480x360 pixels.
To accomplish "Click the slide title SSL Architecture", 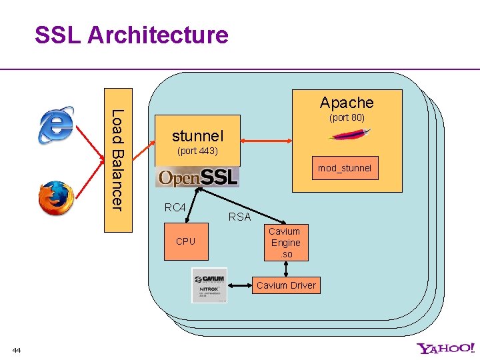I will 131,35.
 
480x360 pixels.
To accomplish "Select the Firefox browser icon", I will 56,197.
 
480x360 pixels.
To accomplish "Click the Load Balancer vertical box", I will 118,160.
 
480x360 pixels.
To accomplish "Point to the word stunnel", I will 197,136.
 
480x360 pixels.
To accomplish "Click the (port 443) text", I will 197,151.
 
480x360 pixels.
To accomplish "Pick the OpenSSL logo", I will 197,177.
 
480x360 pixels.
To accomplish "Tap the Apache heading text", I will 346,103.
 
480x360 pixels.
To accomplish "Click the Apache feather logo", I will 350,135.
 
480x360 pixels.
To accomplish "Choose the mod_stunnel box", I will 344,168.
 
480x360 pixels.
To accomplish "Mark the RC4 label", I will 175,207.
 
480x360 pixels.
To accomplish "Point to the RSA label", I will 239,217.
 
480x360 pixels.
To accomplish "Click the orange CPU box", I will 185,241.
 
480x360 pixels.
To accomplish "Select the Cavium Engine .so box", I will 285,243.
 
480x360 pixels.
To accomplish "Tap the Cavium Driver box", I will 286,285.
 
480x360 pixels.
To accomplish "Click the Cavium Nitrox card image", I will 209,285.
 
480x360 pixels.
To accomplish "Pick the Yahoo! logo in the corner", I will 446,348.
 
